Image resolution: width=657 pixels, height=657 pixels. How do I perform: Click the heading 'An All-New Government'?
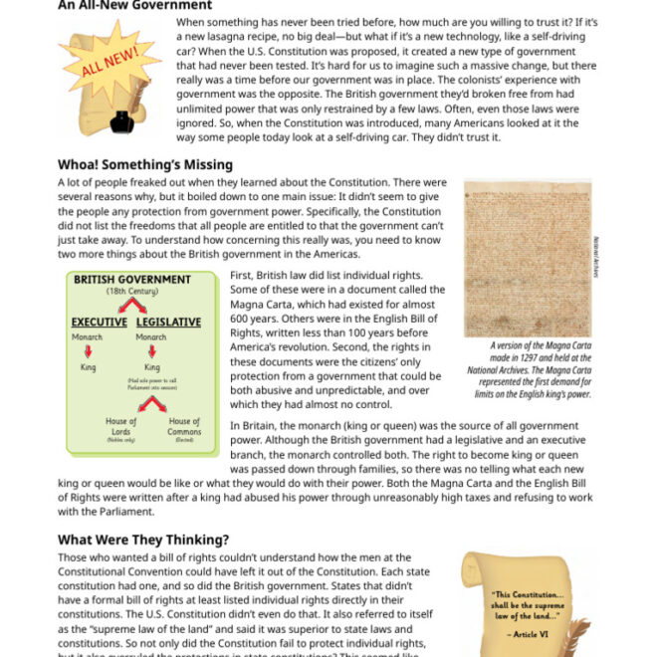pos(134,5)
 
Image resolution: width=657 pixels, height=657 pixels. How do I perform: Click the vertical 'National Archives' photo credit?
pos(596,257)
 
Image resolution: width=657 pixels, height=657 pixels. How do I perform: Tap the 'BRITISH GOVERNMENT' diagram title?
pos(131,280)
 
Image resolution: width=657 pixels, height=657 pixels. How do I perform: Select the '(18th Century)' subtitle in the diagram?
pos(131,292)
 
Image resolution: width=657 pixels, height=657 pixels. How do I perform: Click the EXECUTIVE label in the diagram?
pos(99,323)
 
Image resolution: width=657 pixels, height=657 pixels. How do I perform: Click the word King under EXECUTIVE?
pos(89,367)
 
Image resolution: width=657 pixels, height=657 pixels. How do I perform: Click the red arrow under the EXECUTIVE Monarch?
pos(89,351)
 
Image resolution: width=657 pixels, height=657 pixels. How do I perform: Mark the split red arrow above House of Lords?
pos(152,402)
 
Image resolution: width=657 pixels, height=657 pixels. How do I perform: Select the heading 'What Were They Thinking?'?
pos(143,540)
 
